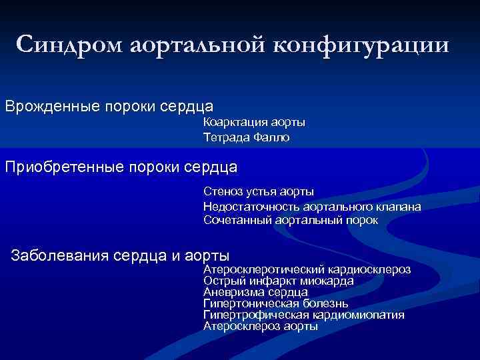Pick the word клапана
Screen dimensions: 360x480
pos(397,206)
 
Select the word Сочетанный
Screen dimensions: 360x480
pos(236,220)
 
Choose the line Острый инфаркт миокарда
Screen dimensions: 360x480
pos(278,281)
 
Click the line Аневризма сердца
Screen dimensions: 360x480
pos(255,292)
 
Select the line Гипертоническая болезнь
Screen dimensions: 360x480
pos(271,303)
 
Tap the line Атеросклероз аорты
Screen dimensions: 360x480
pos(261,326)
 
